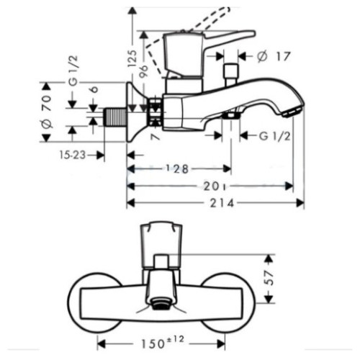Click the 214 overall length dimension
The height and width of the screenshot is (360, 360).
point(222,203)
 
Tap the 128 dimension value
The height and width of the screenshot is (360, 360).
point(178,169)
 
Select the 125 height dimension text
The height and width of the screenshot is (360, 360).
point(132,58)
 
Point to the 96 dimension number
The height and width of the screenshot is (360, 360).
point(144,71)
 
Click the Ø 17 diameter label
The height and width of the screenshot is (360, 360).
point(274,57)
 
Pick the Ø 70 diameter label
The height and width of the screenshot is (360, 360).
point(47,112)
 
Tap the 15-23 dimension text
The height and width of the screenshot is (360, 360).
point(73,155)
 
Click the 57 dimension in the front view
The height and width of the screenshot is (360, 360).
point(271,278)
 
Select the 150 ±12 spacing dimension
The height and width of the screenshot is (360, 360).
point(163,343)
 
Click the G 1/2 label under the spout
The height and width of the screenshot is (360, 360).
point(275,136)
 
